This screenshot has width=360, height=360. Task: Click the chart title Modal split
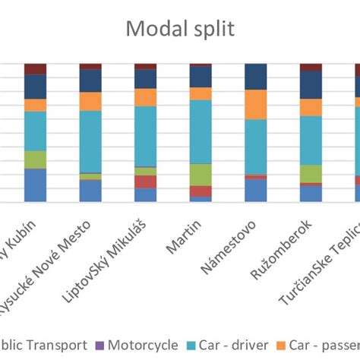coord(180,30)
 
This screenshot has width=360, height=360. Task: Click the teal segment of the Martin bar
coord(201,131)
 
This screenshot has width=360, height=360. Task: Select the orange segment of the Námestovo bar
coord(256,105)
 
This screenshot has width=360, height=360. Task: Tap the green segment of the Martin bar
coord(201,175)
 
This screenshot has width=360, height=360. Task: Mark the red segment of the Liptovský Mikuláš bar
coord(145,182)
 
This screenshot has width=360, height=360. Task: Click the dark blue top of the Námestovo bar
coord(256,77)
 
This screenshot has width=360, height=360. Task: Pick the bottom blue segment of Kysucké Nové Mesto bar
coord(90,191)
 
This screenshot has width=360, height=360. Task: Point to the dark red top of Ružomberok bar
coord(311,67)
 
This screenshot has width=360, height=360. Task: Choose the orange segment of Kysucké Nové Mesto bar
coord(90,101)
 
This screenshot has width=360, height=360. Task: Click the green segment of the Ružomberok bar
coord(311,174)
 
